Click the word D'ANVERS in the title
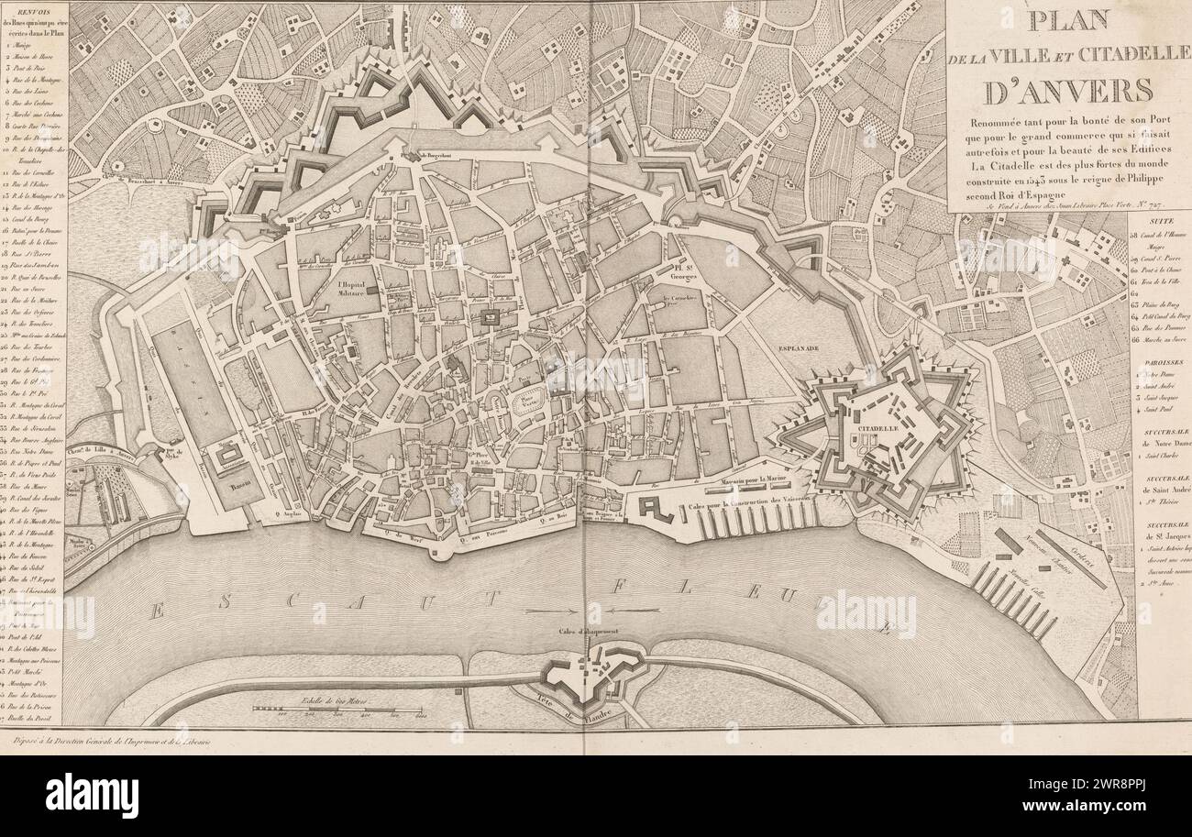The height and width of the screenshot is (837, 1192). coord(1067,92)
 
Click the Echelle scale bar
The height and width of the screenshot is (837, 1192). coord(337,710)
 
